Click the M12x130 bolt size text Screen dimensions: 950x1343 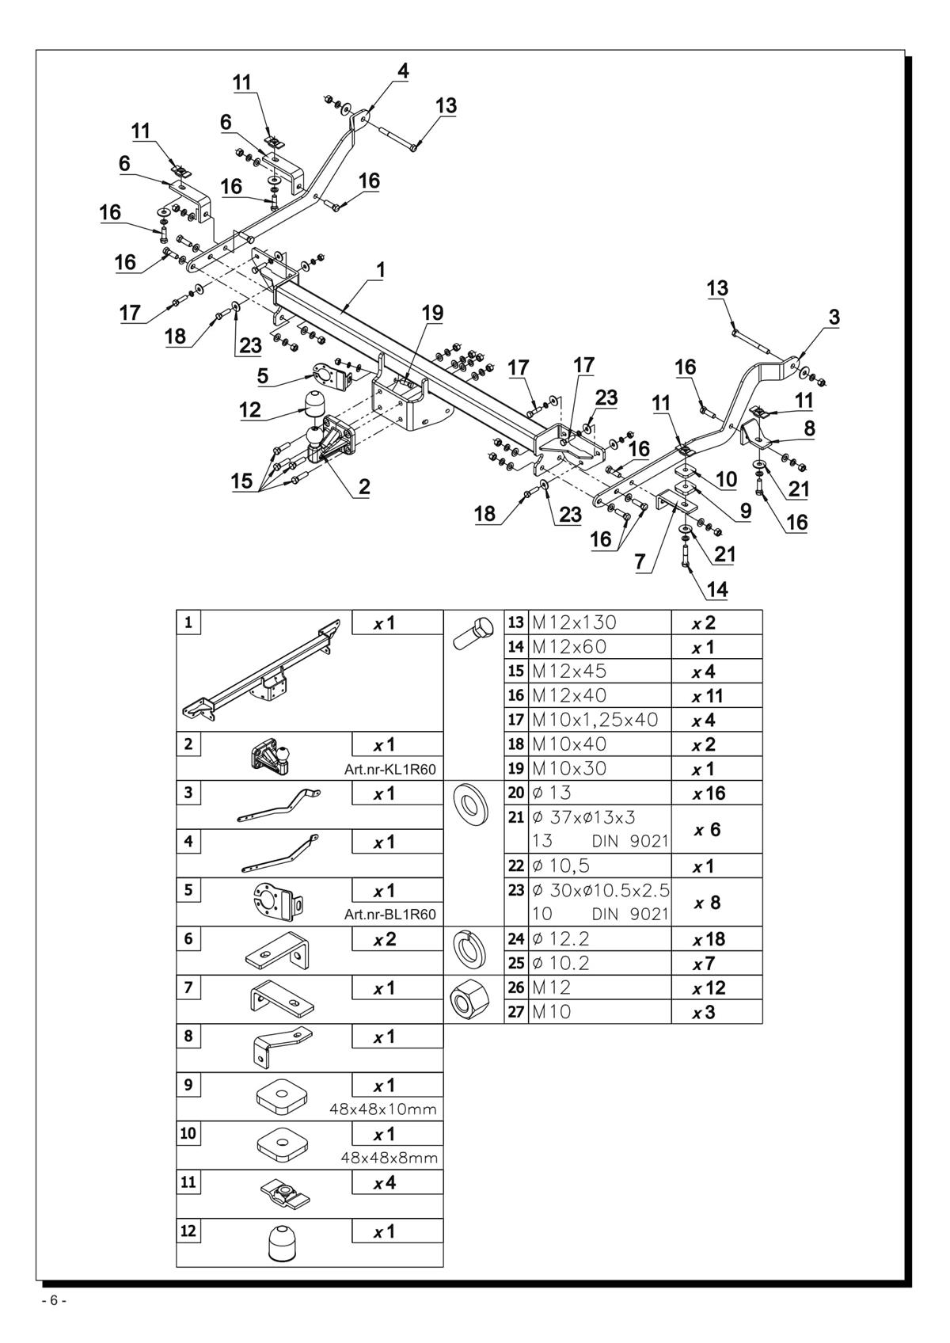[574, 622]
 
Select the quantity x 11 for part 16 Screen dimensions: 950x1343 [707, 696]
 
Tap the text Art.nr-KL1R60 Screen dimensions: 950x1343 [390, 770]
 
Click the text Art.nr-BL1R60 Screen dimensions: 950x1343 [390, 915]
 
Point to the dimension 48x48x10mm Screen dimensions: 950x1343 [383, 1109]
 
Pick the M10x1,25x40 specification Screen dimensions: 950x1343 [595, 720]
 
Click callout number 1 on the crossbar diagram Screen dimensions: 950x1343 [380, 270]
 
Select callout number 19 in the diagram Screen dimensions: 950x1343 [432, 312]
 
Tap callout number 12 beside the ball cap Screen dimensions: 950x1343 [250, 409]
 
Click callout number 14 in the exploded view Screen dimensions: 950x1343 [716, 590]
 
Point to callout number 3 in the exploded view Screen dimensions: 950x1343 [834, 318]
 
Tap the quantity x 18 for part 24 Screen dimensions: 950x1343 [709, 939]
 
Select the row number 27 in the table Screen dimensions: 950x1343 [515, 1012]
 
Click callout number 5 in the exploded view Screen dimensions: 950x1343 [263, 376]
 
